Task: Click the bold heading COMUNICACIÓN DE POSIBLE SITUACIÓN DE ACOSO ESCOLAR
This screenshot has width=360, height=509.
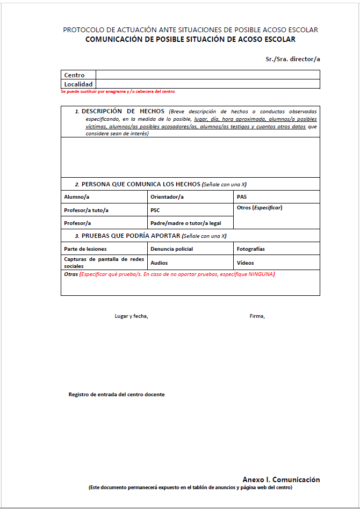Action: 190,39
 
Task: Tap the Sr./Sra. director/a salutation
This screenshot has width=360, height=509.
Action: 293,59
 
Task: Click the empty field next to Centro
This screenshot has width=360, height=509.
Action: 207,75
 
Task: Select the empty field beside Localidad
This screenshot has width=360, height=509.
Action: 207,84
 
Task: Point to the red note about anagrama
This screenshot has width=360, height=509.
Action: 118,92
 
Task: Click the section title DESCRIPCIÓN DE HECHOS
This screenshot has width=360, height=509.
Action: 123,111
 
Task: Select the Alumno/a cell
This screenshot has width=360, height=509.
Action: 104,197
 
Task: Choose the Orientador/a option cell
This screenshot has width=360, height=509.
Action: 191,197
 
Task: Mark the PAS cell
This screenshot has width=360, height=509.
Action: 277,197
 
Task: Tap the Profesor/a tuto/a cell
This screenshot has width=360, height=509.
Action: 104,210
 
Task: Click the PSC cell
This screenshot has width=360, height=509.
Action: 191,210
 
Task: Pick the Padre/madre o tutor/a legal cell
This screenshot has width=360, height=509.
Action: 191,223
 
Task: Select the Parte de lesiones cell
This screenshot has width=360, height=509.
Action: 104,249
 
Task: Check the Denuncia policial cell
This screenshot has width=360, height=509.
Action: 191,249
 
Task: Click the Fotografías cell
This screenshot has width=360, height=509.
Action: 277,249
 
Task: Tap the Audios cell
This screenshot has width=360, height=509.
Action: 191,263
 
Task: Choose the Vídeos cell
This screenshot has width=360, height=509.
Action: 277,263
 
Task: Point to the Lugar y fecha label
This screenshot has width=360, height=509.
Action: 132,316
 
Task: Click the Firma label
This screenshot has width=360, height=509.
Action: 257,316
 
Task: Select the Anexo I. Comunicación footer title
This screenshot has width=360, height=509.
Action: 281,479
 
